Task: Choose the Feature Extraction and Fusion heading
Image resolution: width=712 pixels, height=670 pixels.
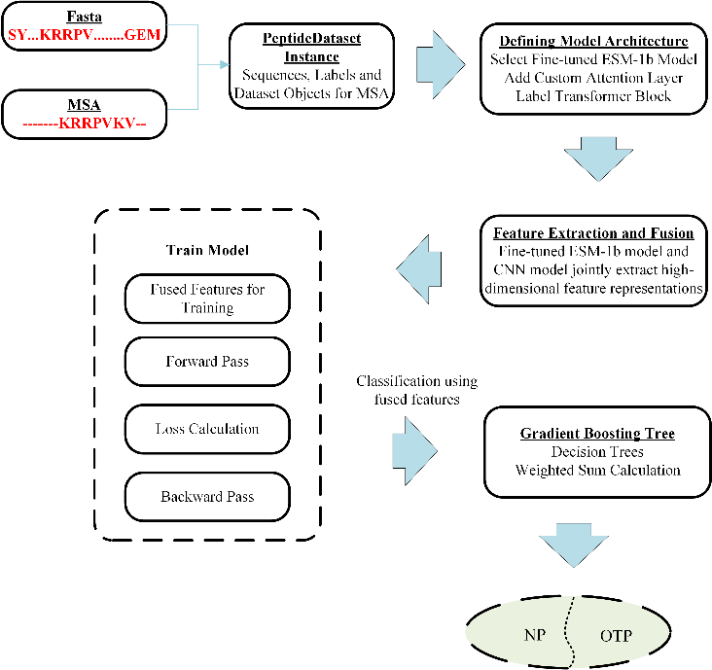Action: pyautogui.click(x=593, y=234)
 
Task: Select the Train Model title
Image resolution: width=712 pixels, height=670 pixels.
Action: pyautogui.click(x=207, y=250)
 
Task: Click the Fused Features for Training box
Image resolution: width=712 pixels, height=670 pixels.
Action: pyautogui.click(x=207, y=298)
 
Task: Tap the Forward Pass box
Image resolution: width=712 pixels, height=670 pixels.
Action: pyautogui.click(x=207, y=362)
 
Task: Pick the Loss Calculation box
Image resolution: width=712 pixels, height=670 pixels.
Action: pyautogui.click(x=207, y=429)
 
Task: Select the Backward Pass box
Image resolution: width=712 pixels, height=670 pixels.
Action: pyautogui.click(x=207, y=497)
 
